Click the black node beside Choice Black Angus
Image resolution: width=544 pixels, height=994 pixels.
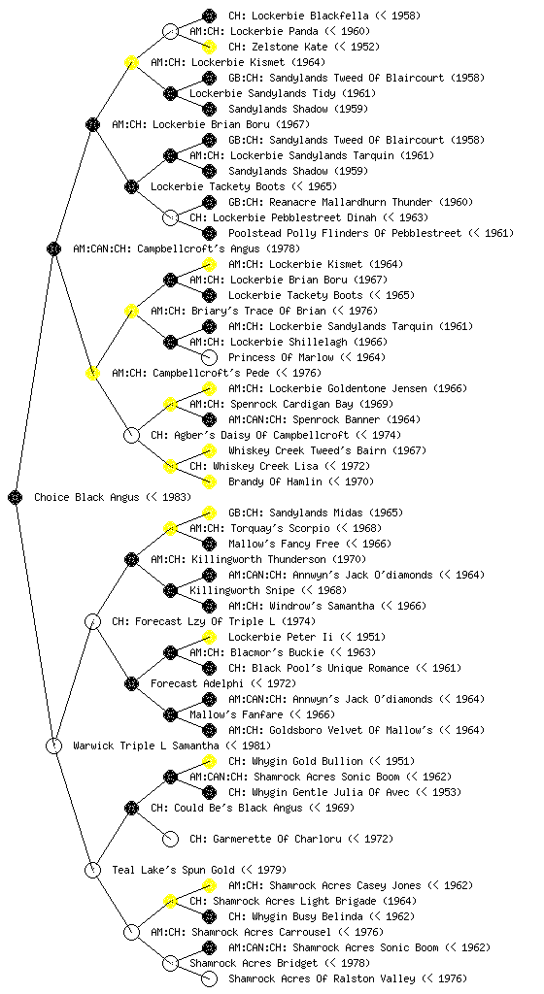pos(16,497)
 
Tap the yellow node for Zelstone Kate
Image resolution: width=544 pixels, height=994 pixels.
pos(209,47)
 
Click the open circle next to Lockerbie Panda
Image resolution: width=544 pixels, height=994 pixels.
pos(170,31)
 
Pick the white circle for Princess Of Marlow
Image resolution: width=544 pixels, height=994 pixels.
pos(209,357)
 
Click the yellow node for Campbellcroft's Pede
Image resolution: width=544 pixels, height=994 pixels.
pos(92,373)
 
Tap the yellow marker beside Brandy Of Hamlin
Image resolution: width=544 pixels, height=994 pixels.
pos(209,481)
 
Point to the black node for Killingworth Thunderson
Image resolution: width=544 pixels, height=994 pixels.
pos(131,559)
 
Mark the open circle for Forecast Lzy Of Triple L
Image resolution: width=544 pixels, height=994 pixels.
pos(92,621)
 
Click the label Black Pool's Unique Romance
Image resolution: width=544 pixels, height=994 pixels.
pos(330,668)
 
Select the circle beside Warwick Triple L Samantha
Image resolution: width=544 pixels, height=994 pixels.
pos(53,745)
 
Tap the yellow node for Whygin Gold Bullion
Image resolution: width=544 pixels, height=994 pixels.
pos(209,761)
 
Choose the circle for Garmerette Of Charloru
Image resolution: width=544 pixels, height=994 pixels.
pos(170,839)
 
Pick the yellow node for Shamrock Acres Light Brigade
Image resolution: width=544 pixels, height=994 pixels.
pos(170,901)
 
